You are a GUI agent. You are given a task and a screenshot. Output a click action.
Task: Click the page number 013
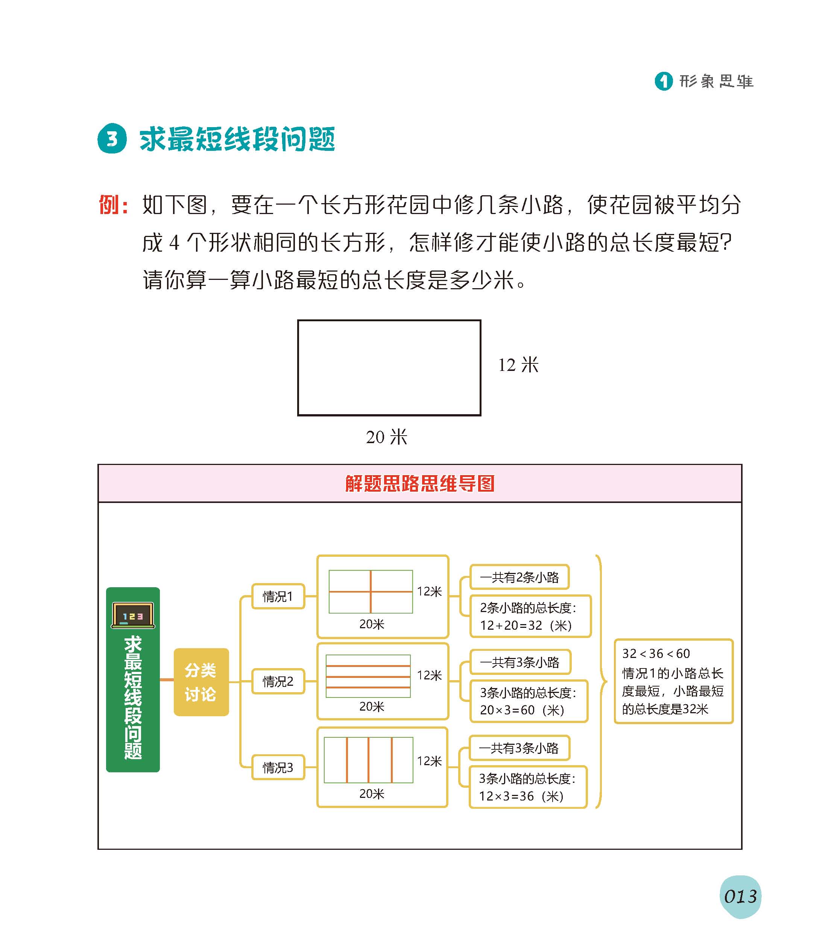(x=740, y=896)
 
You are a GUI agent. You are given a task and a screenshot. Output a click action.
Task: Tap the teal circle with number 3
(x=112, y=139)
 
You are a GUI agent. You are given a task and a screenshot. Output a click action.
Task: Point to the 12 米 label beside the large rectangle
(x=518, y=365)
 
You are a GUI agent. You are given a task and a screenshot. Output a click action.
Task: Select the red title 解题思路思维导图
(x=419, y=484)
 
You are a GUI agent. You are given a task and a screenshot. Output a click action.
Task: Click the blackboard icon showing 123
(x=133, y=615)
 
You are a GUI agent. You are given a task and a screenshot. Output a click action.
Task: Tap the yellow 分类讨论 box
(x=201, y=682)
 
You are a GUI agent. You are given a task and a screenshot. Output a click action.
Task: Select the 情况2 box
(x=278, y=682)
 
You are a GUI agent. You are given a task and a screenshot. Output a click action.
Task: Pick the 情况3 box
(x=278, y=767)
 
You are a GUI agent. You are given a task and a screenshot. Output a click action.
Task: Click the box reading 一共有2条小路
(x=519, y=577)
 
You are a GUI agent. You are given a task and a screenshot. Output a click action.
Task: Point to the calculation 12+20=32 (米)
(x=526, y=625)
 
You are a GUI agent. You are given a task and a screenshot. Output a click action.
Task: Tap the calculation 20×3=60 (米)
(x=522, y=710)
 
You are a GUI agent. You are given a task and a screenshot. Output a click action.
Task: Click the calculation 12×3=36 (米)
(x=521, y=796)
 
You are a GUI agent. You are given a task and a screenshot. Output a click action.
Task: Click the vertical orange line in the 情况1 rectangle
(x=371, y=591)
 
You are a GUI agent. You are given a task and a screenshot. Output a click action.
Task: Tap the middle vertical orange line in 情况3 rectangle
(x=369, y=760)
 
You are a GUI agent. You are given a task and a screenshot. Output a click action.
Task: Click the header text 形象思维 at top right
(x=716, y=81)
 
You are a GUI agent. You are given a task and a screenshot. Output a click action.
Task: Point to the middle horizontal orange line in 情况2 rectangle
(x=368, y=676)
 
